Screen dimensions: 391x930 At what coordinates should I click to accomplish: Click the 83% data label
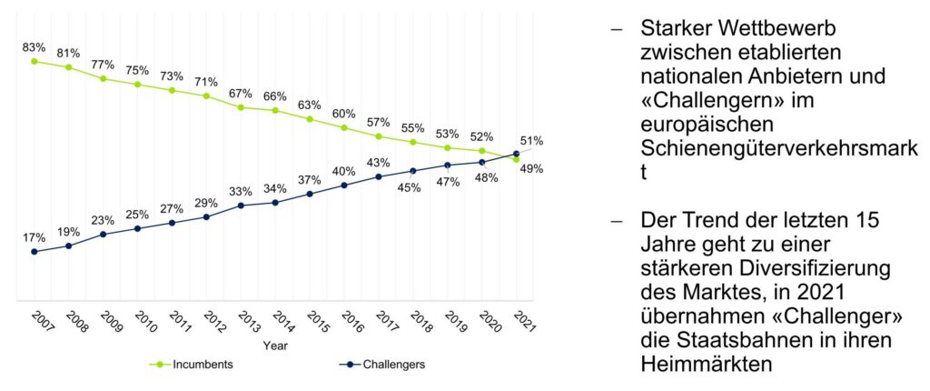tap(34, 46)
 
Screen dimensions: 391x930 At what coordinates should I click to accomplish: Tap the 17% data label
tap(34, 237)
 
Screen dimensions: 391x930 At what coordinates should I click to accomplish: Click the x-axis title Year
tap(275, 346)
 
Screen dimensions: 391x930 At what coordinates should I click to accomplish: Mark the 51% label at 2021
tap(531, 141)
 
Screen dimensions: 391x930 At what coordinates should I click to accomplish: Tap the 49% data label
tap(531, 168)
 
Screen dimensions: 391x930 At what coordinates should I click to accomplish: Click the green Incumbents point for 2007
tap(34, 61)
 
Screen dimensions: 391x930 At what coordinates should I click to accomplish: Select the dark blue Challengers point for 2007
tap(34, 252)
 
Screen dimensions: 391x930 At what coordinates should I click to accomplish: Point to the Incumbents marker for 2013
tap(241, 107)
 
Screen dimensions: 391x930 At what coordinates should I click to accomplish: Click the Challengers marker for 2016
tap(344, 185)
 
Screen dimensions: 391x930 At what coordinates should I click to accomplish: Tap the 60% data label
tap(344, 114)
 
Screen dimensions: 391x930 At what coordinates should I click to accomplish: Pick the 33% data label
tap(241, 191)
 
